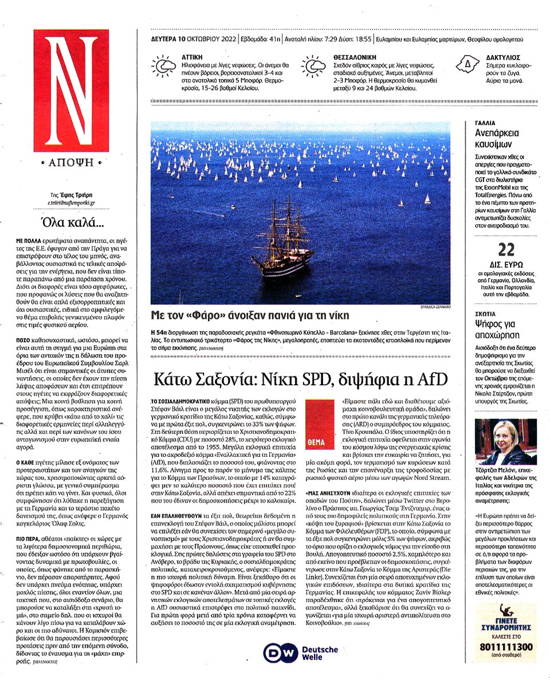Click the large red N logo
[x=71, y=90]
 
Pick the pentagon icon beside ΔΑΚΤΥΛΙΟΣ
[x=467, y=65]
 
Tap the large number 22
[x=506, y=250]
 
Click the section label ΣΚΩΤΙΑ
[x=486, y=315]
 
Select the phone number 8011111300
[x=506, y=648]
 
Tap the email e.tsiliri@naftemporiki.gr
[x=72, y=203]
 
